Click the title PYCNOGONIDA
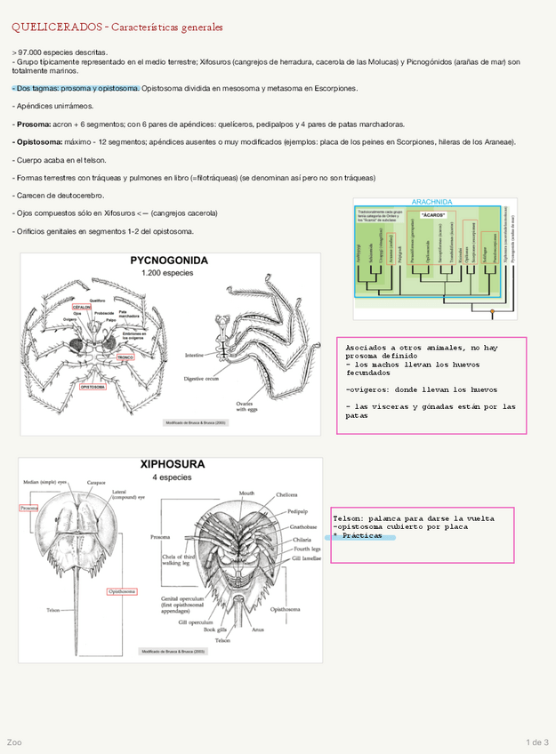click(169, 261)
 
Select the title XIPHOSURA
click(172, 464)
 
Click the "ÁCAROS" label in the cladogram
click(433, 215)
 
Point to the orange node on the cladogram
click(492, 311)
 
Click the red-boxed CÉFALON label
click(82, 307)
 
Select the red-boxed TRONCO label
click(125, 357)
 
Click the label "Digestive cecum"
click(202, 379)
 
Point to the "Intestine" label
click(196, 355)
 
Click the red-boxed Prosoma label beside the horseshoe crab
click(29, 508)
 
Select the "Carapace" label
click(96, 482)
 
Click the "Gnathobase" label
click(300, 526)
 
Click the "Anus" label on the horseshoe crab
click(257, 630)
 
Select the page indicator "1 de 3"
click(537, 742)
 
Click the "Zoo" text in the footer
click(14, 742)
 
